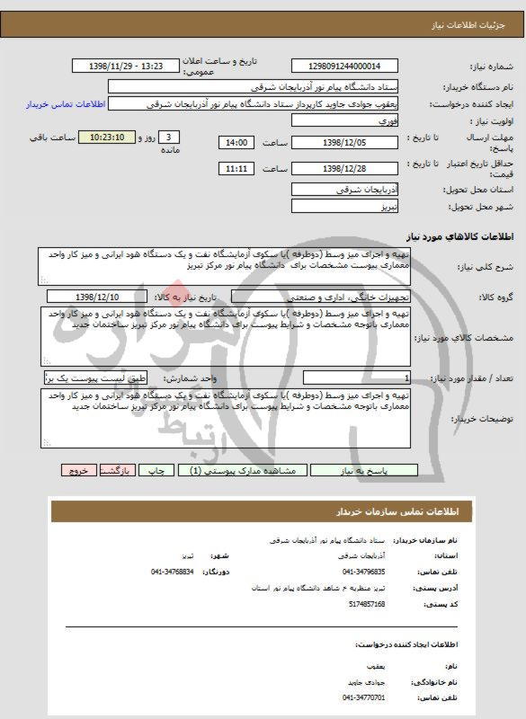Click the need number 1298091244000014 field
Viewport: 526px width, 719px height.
[344, 67]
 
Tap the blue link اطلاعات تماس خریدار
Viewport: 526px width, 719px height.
[67, 104]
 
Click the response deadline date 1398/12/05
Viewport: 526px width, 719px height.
[344, 142]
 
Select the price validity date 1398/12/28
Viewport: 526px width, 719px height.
[344, 168]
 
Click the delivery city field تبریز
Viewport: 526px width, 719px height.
[344, 207]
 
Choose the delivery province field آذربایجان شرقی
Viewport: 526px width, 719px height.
[344, 191]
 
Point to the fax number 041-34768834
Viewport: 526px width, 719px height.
[172, 571]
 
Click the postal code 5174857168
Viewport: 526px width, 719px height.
[363, 604]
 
